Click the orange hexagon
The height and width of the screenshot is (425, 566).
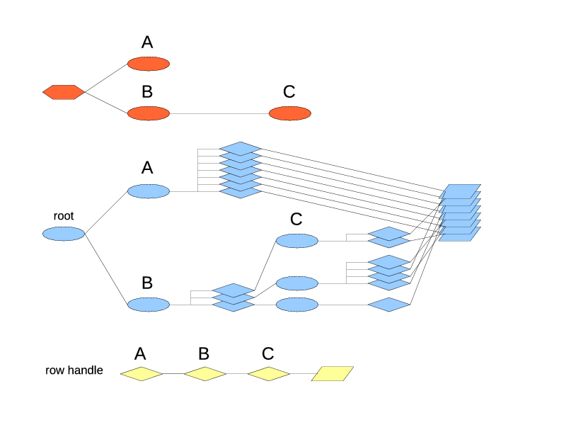(x=64, y=92)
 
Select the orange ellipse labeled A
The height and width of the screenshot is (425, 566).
(x=149, y=64)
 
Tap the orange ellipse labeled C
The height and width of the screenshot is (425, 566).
(x=290, y=113)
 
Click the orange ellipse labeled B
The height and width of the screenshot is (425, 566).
(x=149, y=113)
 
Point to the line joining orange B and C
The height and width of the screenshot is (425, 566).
(x=219, y=113)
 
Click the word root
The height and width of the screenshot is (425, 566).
(x=64, y=216)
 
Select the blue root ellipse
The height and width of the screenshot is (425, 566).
(x=64, y=234)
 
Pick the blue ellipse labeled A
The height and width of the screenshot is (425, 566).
(x=149, y=191)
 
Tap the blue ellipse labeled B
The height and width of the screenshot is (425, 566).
(x=149, y=305)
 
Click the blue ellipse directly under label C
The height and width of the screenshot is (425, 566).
(x=297, y=241)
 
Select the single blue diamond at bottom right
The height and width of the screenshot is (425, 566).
(x=389, y=305)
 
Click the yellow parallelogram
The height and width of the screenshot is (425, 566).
(x=333, y=373)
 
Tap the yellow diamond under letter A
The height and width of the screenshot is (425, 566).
(x=141, y=373)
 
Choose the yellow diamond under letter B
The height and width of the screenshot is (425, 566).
(x=205, y=373)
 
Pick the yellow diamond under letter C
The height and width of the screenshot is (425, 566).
(x=269, y=373)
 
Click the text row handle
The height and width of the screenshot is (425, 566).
(x=74, y=370)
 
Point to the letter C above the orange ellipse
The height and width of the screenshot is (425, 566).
(x=289, y=91)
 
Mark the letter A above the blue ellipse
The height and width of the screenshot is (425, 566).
(x=147, y=168)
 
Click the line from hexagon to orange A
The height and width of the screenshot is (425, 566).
(x=106, y=78)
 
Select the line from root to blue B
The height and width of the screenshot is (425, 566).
(x=106, y=269)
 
